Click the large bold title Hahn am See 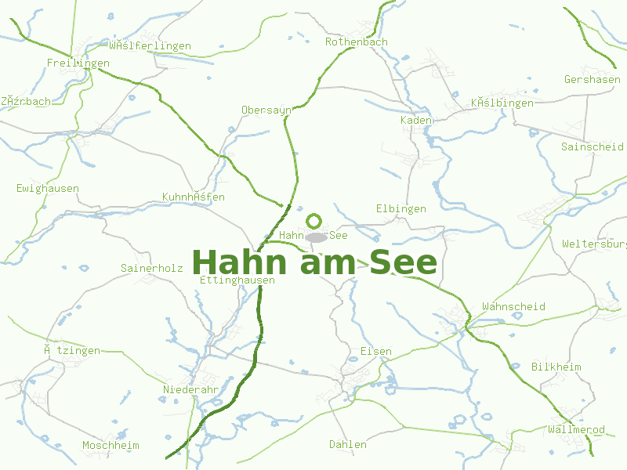(313, 262)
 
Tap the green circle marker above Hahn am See (314, 221)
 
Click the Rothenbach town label (356, 42)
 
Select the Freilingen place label (78, 63)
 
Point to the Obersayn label (266, 110)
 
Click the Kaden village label (415, 121)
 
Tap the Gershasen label (592, 80)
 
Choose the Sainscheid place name (592, 146)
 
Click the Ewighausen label (47, 189)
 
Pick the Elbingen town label (400, 209)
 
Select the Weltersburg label (594, 244)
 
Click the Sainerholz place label (151, 268)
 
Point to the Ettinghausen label (237, 280)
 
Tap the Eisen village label (375, 352)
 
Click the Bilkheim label (556, 367)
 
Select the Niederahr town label (190, 389)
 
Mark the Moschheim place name (111, 446)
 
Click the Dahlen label (347, 445)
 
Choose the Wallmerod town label (576, 430)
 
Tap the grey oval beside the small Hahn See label (316, 237)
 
